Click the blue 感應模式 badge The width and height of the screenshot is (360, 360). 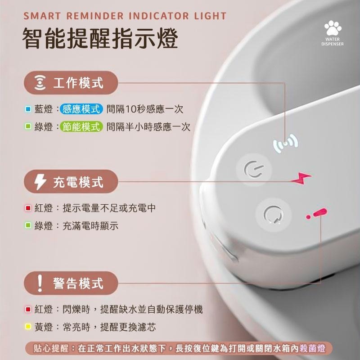[82, 109]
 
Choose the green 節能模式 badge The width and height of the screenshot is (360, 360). [82, 127]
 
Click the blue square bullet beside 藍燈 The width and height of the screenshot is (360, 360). [27, 109]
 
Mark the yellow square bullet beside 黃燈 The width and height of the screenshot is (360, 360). [27, 327]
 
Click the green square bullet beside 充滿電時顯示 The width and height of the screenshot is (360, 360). [27, 226]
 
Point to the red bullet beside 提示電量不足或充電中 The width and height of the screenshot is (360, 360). [27, 208]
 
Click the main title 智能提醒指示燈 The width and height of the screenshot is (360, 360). [100, 39]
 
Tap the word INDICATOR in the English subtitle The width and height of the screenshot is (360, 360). [157, 17]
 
